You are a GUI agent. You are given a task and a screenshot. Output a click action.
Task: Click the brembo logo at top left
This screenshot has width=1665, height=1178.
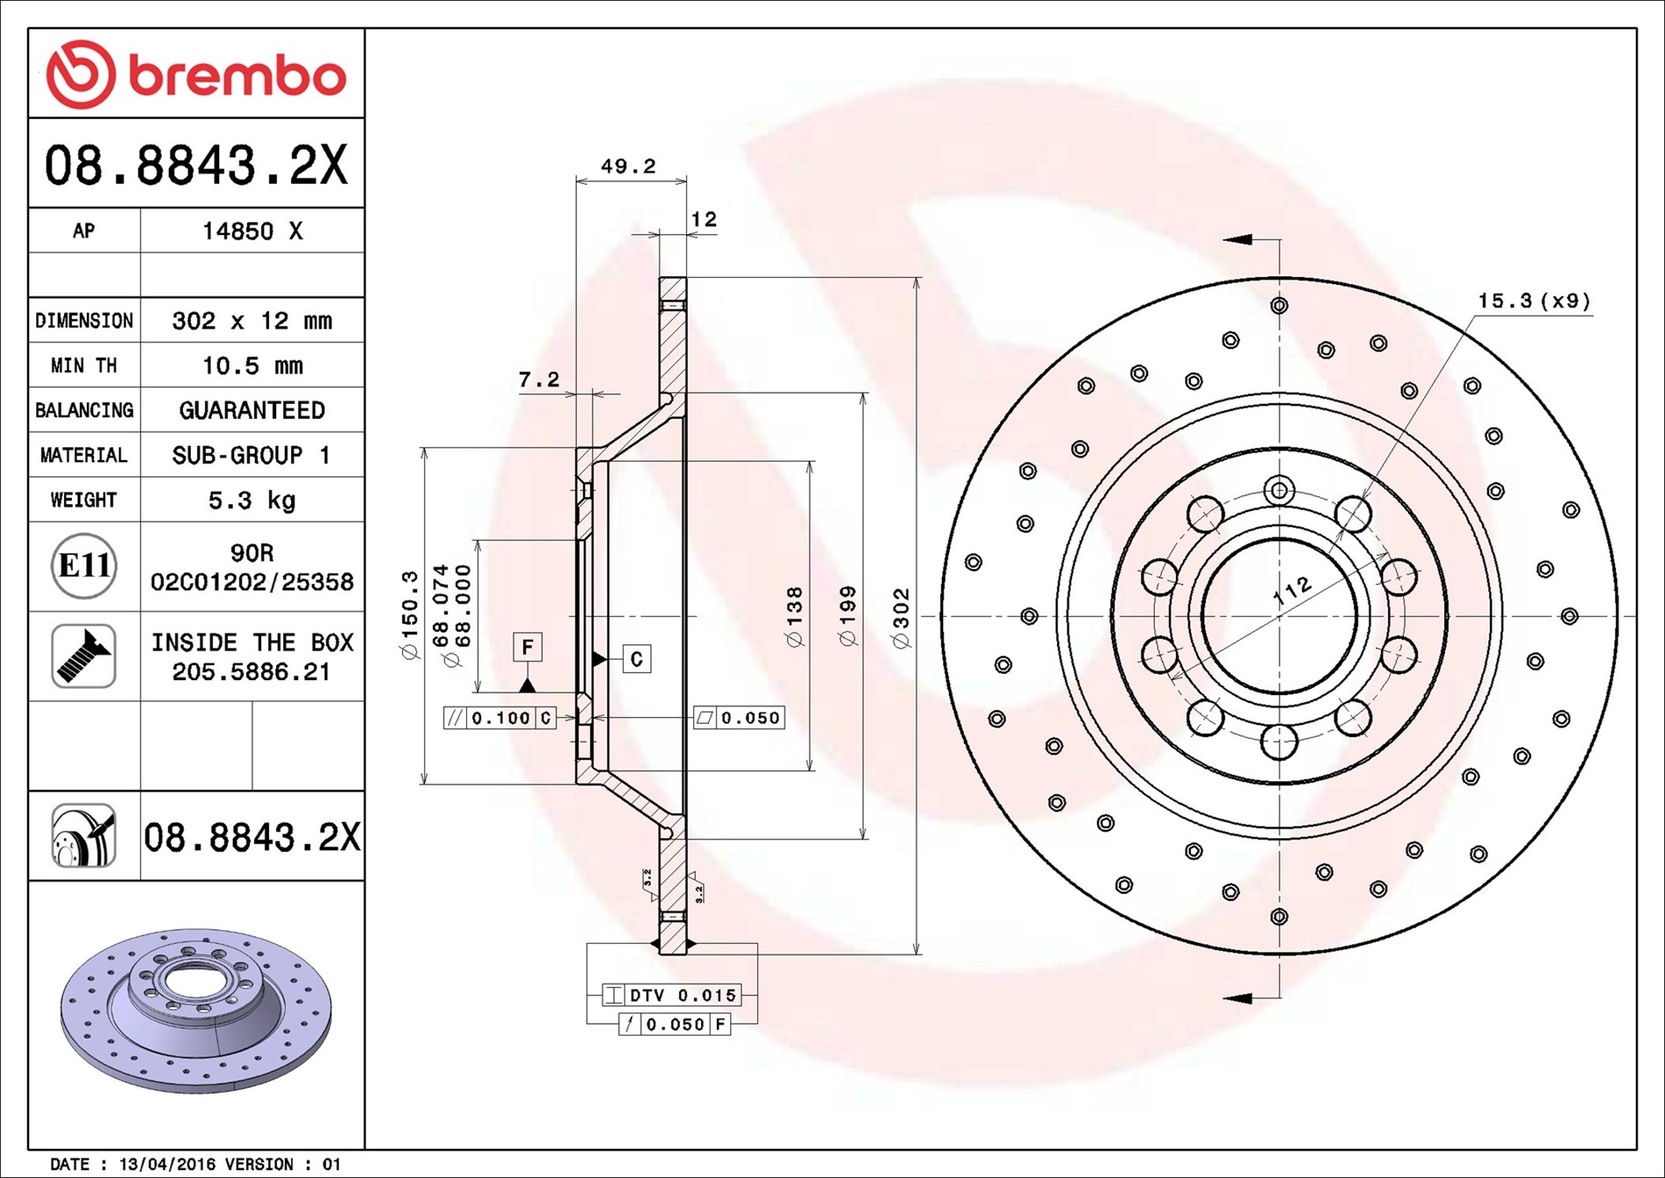pyautogui.click(x=196, y=74)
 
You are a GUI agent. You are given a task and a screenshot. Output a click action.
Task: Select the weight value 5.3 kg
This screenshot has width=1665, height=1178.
pyautogui.click(x=252, y=501)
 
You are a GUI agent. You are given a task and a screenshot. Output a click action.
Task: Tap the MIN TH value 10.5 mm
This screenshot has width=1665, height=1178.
pyautogui.click(x=252, y=365)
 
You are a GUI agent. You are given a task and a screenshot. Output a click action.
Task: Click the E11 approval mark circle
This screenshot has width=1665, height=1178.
pyautogui.click(x=84, y=566)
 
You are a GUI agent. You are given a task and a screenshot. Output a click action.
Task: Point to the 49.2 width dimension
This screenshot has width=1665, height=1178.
pyautogui.click(x=628, y=165)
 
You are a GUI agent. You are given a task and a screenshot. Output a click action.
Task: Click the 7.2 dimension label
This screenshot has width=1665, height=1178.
pyautogui.click(x=538, y=379)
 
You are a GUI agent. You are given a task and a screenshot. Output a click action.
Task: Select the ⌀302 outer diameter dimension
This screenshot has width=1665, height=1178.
pyautogui.click(x=902, y=618)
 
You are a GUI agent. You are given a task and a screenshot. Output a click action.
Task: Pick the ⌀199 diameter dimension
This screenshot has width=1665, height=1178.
pyautogui.click(x=848, y=616)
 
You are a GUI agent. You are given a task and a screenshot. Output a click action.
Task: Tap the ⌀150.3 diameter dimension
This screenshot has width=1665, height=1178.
pyautogui.click(x=410, y=615)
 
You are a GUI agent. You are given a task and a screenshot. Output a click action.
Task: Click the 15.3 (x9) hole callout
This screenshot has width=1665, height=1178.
pyautogui.click(x=1534, y=301)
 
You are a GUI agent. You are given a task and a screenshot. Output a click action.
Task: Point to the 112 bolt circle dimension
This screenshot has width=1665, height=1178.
pyautogui.click(x=1292, y=590)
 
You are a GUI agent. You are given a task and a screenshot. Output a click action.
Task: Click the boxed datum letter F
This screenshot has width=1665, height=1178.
pyautogui.click(x=528, y=648)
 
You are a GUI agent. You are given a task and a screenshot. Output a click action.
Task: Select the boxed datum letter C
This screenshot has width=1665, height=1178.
pyautogui.click(x=637, y=659)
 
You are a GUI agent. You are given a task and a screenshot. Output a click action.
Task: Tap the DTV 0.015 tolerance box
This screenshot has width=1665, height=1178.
pyautogui.click(x=672, y=995)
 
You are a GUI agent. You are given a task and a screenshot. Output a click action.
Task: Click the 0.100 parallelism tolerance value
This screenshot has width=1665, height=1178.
pyautogui.click(x=500, y=718)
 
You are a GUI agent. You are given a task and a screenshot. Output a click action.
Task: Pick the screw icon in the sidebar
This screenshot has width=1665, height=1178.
pyautogui.click(x=84, y=655)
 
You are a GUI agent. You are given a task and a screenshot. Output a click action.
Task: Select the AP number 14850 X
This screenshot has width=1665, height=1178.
pyautogui.click(x=252, y=231)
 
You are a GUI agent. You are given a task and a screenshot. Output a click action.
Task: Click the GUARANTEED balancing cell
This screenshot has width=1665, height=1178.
pyautogui.click(x=252, y=410)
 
